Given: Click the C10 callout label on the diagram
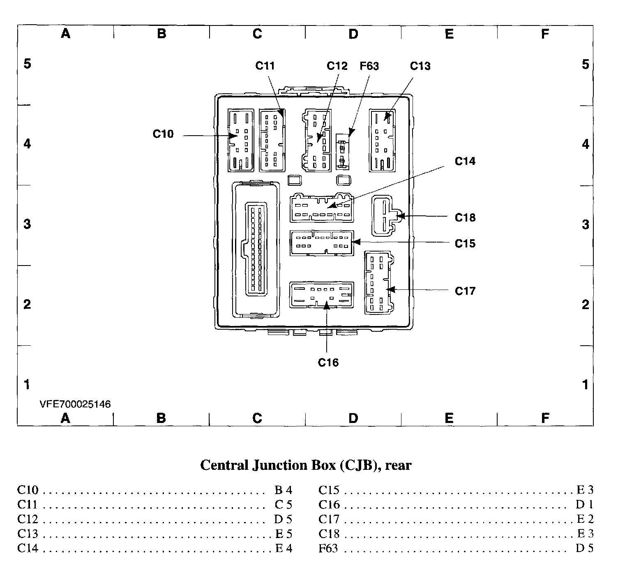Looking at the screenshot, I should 163,134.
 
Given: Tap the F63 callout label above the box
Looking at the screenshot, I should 369,66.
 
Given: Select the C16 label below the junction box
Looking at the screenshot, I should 328,363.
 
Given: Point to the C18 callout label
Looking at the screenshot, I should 465,217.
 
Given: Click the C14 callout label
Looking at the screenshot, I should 465,161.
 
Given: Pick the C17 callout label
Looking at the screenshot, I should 465,291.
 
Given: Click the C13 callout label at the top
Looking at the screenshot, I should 420,66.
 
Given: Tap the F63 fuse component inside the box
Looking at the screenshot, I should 343,151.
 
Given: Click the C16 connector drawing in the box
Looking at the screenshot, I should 322,295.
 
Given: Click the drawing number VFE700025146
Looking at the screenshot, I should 75,404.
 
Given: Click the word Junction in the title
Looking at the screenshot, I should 279,465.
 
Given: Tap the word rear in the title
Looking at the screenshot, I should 398,465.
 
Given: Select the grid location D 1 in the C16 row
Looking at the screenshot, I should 584,504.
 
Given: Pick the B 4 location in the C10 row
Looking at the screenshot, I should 283,490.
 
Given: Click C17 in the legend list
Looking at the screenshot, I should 329,519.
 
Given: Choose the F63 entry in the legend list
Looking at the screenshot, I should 328,548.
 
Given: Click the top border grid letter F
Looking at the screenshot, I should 545,34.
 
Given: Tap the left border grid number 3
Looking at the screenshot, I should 27,224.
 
